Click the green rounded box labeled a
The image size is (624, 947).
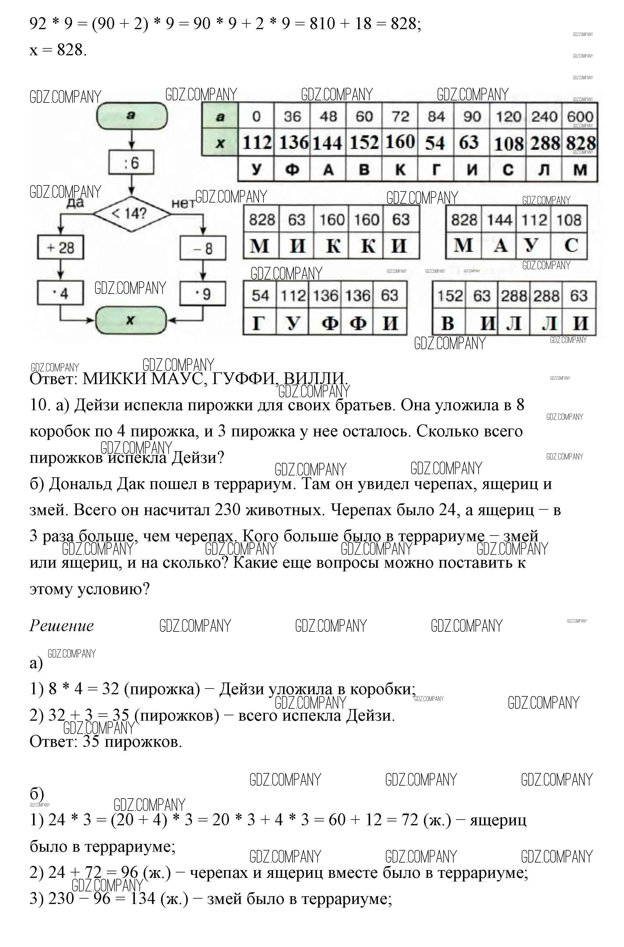click(132, 116)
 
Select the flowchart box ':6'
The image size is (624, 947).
click(131, 162)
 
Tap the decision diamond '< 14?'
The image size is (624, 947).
click(131, 214)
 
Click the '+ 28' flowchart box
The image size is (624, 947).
click(60, 248)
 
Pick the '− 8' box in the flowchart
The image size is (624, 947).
click(203, 248)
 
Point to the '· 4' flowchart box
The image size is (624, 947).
click(60, 293)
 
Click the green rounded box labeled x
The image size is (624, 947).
click(130, 320)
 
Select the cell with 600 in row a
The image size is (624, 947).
click(580, 117)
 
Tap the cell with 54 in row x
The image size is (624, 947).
click(435, 142)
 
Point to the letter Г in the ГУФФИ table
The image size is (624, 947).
click(259, 322)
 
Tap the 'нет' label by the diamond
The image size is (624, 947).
click(183, 204)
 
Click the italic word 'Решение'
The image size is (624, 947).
click(62, 625)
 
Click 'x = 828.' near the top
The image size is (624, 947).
click(58, 50)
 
